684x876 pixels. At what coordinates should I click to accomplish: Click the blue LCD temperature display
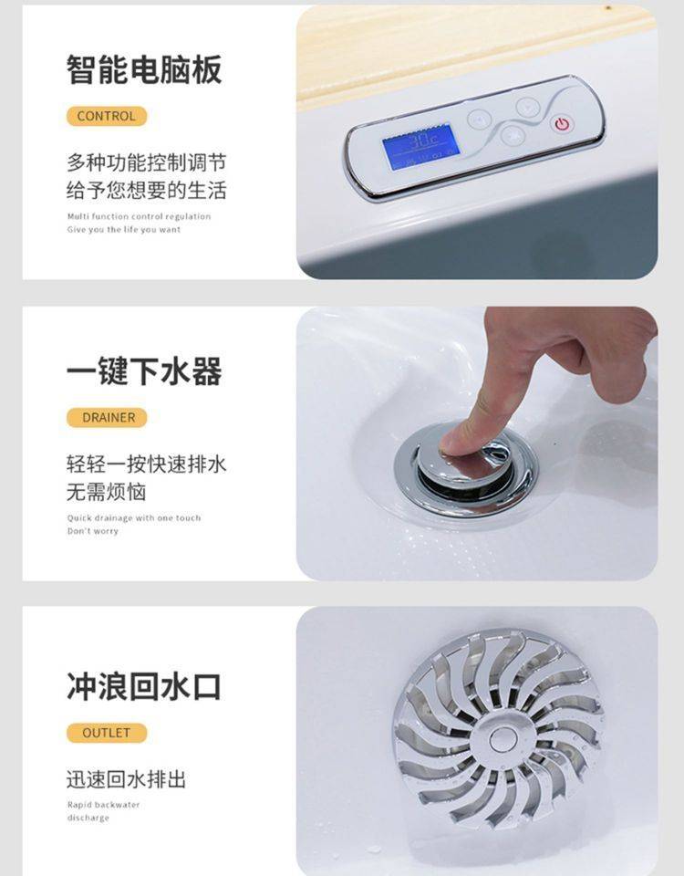pyautogui.click(x=421, y=147)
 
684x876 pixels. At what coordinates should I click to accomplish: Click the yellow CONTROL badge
pyautogui.click(x=106, y=116)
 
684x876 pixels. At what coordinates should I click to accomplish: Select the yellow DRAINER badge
pyautogui.click(x=107, y=417)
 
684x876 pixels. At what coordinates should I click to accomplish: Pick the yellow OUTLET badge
pyautogui.click(x=107, y=733)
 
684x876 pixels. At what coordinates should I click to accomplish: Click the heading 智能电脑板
pyautogui.click(x=144, y=70)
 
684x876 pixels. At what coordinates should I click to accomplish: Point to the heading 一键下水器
pyautogui.click(x=144, y=371)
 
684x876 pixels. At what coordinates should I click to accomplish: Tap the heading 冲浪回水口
pyautogui.click(x=144, y=686)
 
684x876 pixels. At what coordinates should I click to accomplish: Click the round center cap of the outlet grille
pyautogui.click(x=503, y=740)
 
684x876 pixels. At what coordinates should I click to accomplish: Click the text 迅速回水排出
pyautogui.click(x=126, y=779)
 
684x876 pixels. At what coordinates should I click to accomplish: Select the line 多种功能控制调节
pyautogui.click(x=146, y=162)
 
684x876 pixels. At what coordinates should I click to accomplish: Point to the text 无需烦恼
pyautogui.click(x=106, y=492)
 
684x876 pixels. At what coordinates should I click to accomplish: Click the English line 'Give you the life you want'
pyautogui.click(x=124, y=230)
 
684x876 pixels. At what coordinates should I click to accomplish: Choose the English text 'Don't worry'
pyautogui.click(x=93, y=531)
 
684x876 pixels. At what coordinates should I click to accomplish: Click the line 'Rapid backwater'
pyautogui.click(x=103, y=805)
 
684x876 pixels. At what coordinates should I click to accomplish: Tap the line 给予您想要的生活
pyautogui.click(x=146, y=191)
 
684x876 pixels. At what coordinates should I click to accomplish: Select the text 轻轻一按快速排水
pyautogui.click(x=146, y=464)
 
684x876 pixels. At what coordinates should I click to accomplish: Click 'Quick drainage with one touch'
pyautogui.click(x=134, y=518)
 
